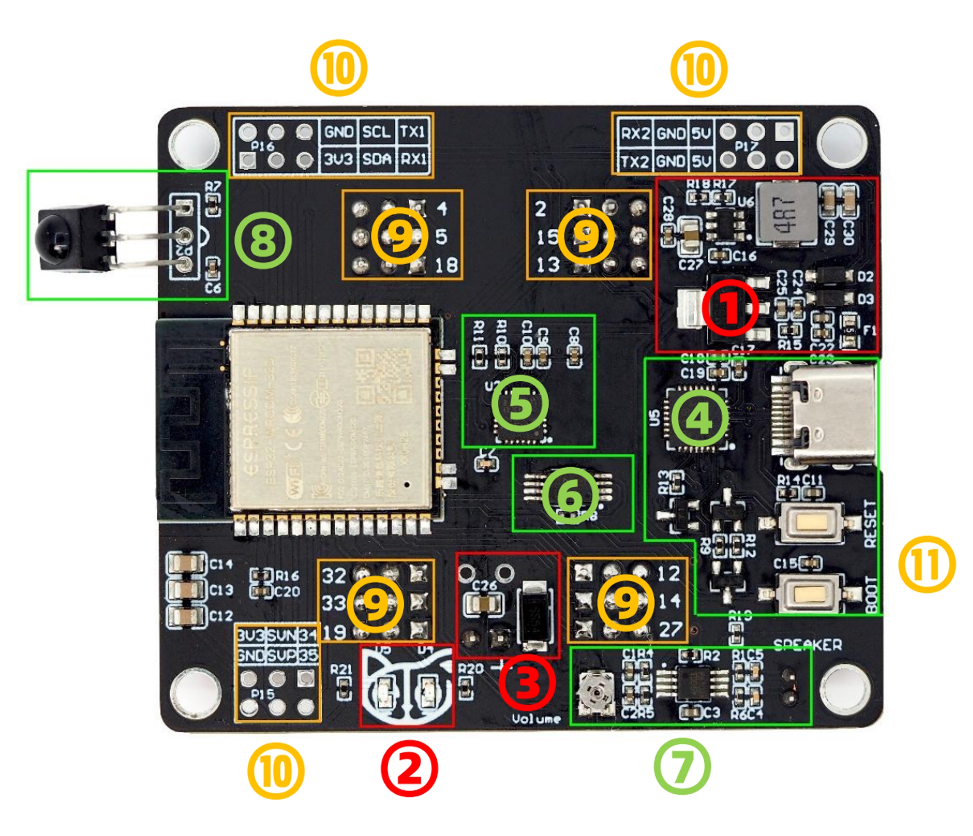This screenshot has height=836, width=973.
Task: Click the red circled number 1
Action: pyautogui.click(x=730, y=307)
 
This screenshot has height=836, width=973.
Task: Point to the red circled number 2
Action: pyautogui.click(x=409, y=768)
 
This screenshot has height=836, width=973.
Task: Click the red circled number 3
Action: pyautogui.click(x=527, y=681)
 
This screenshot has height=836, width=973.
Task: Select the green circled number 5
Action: pyautogui.click(x=520, y=403)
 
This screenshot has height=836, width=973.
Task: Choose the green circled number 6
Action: pyautogui.click(x=570, y=495)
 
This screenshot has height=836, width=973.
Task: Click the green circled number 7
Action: pyautogui.click(x=682, y=766)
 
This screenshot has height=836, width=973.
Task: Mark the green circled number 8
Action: pyautogui.click(x=263, y=240)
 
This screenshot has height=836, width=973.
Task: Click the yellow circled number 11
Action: pyautogui.click(x=927, y=564)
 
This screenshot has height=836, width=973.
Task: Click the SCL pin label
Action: pyautogui.click(x=376, y=132)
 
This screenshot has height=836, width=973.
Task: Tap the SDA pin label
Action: pyautogui.click(x=376, y=160)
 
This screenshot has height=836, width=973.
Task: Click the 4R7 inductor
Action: pyautogui.click(x=786, y=214)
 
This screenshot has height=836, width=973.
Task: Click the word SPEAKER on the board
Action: pyautogui.click(x=807, y=645)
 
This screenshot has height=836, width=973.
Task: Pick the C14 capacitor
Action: pyautogui.click(x=186, y=563)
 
